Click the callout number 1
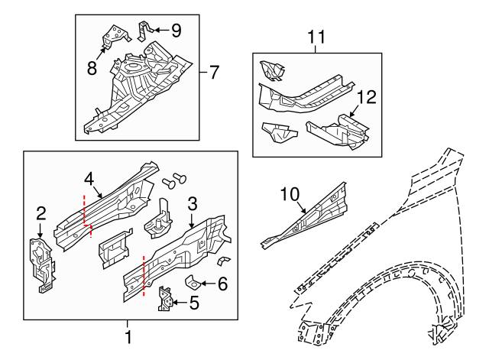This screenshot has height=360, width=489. tap(128, 336)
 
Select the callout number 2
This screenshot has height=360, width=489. tap(41, 213)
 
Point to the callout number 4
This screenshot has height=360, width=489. tap(89, 179)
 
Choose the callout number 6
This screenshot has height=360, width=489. tap(222, 284)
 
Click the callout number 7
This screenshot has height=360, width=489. tap(213, 73)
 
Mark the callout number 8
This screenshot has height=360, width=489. tap(92, 67)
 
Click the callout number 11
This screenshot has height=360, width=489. tap(316, 36)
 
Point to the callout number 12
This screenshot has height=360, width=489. tap(367, 97)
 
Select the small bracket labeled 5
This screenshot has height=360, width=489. tap(165, 299)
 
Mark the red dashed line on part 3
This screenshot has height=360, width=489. tap(143, 274)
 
